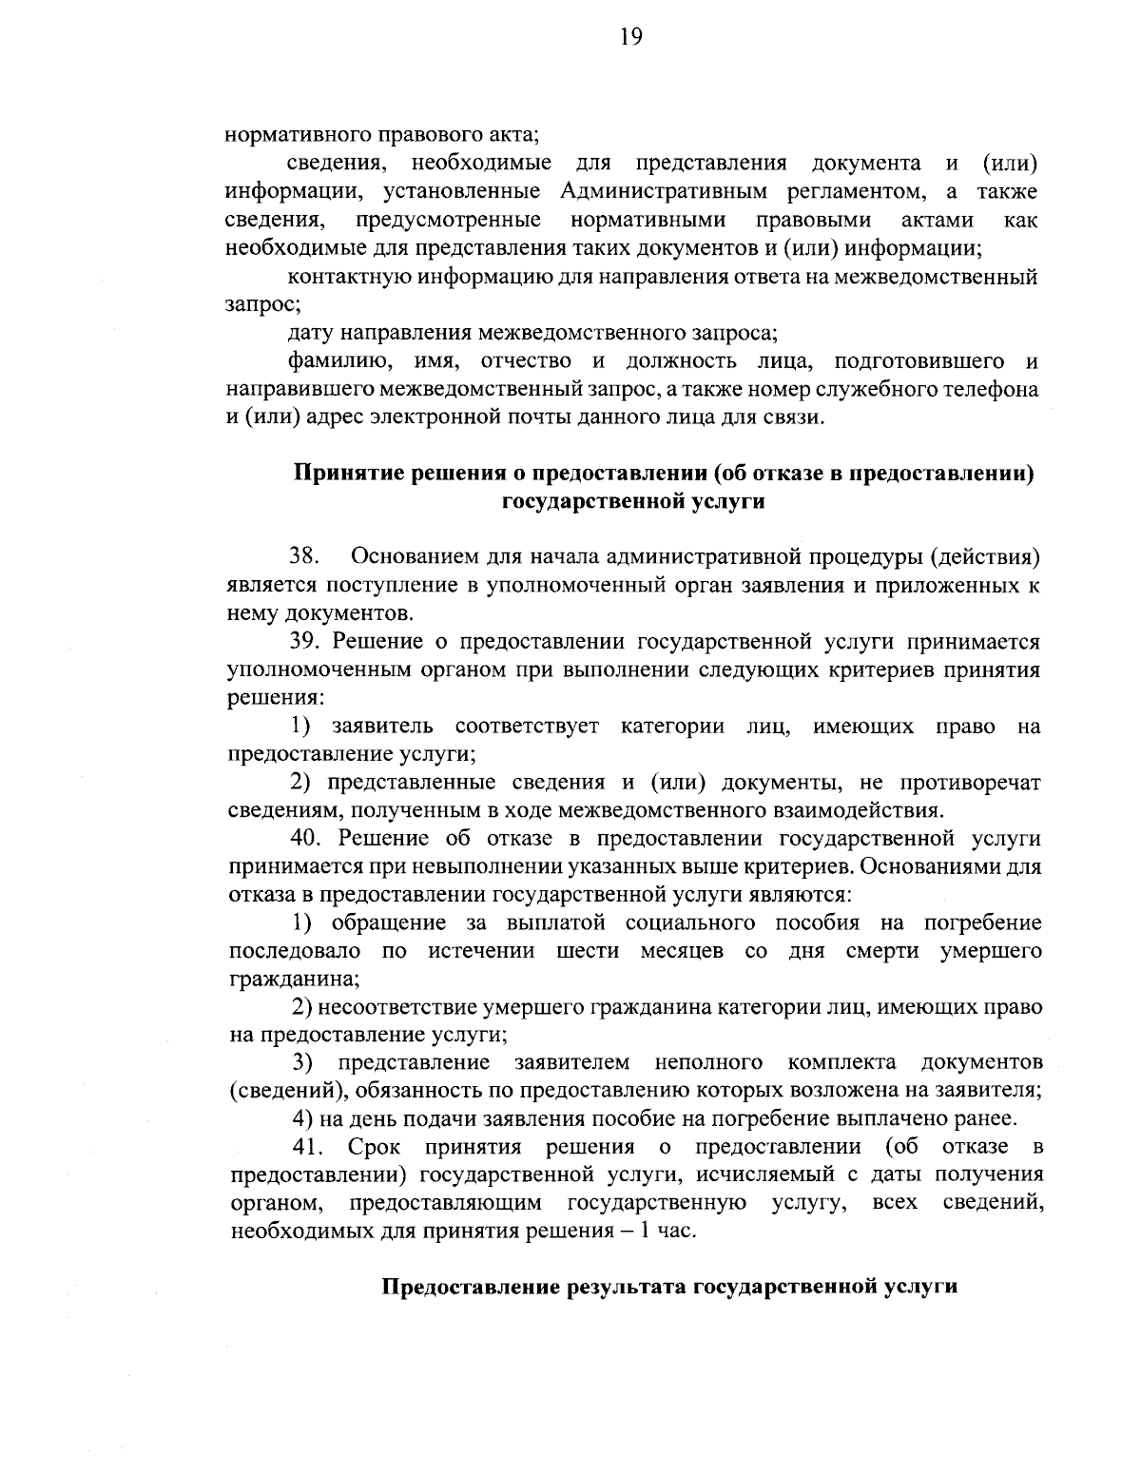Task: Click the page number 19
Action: point(631,37)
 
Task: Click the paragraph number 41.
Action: point(310,1148)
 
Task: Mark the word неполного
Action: point(709,1062)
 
